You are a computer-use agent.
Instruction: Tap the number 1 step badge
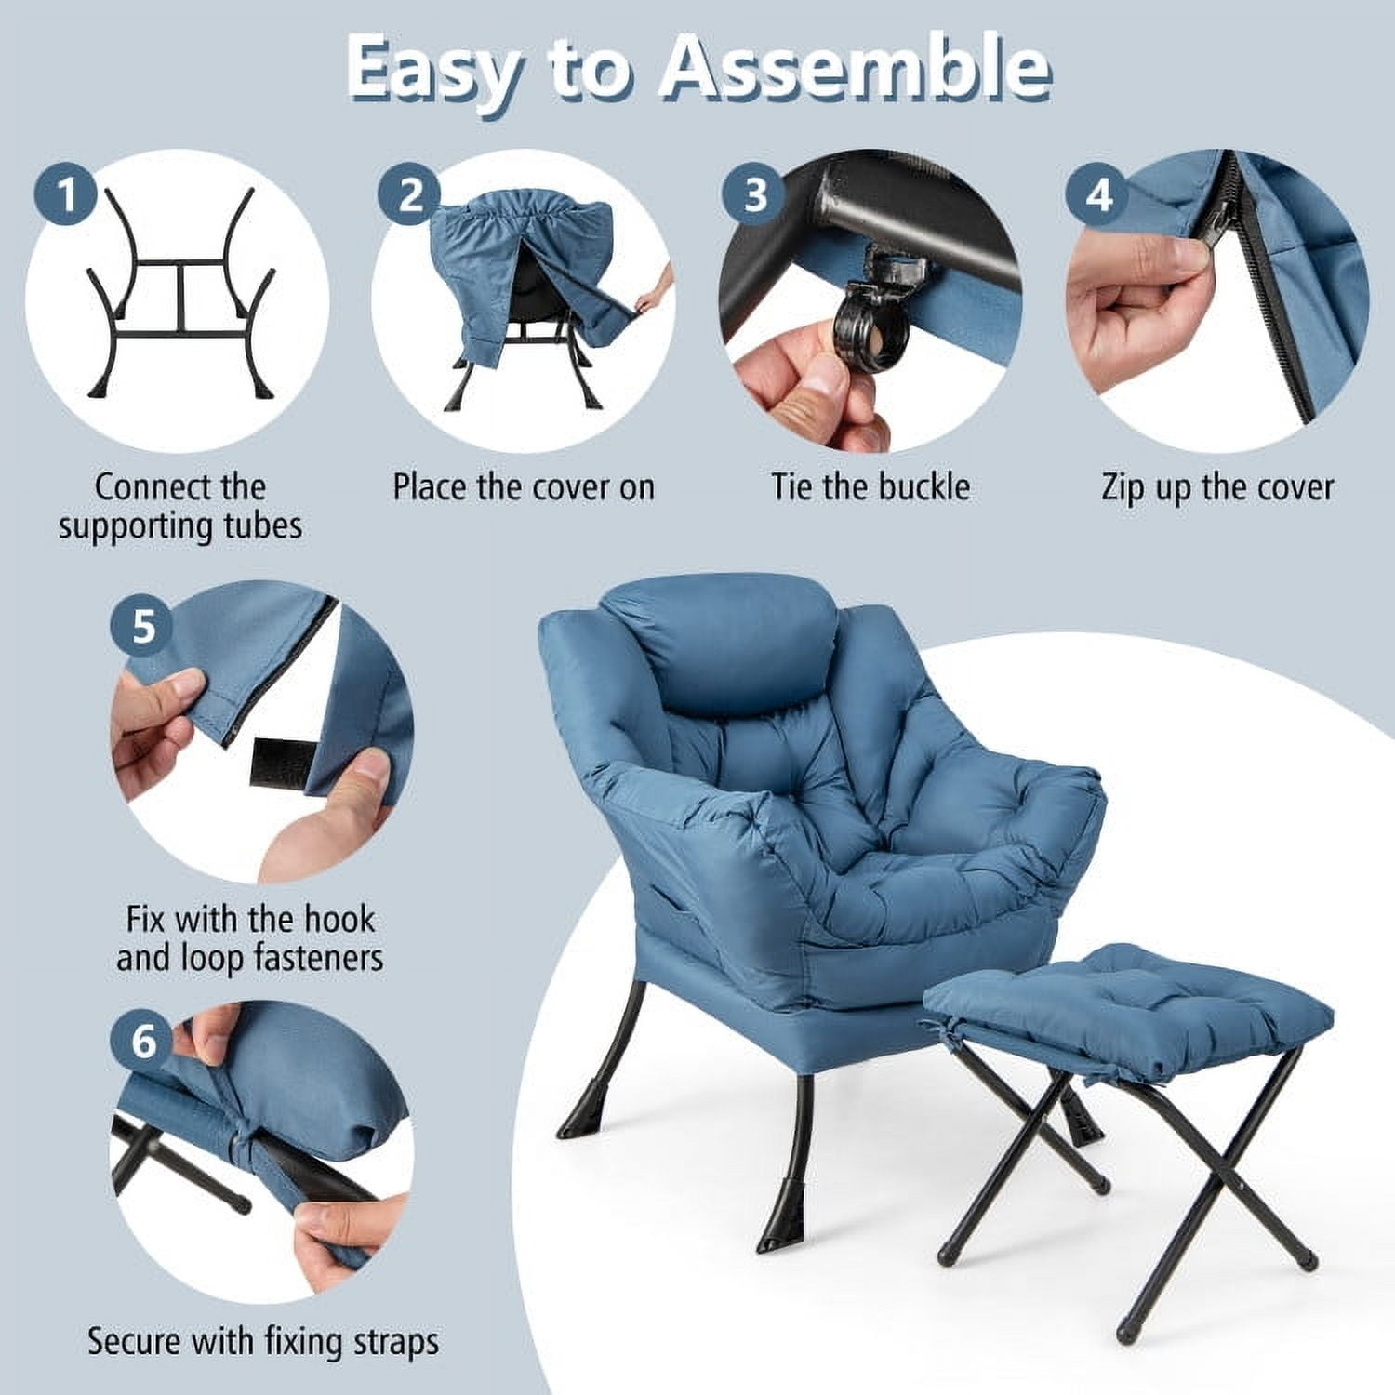67,195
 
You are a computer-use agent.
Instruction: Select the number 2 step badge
410,195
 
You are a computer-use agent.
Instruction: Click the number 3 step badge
755,195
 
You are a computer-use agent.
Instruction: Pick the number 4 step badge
1099,195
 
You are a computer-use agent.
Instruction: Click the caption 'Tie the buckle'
870,487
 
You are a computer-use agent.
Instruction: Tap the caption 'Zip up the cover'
1216,487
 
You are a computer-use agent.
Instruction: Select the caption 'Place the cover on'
523,487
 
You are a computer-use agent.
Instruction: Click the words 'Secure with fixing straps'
262,1342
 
